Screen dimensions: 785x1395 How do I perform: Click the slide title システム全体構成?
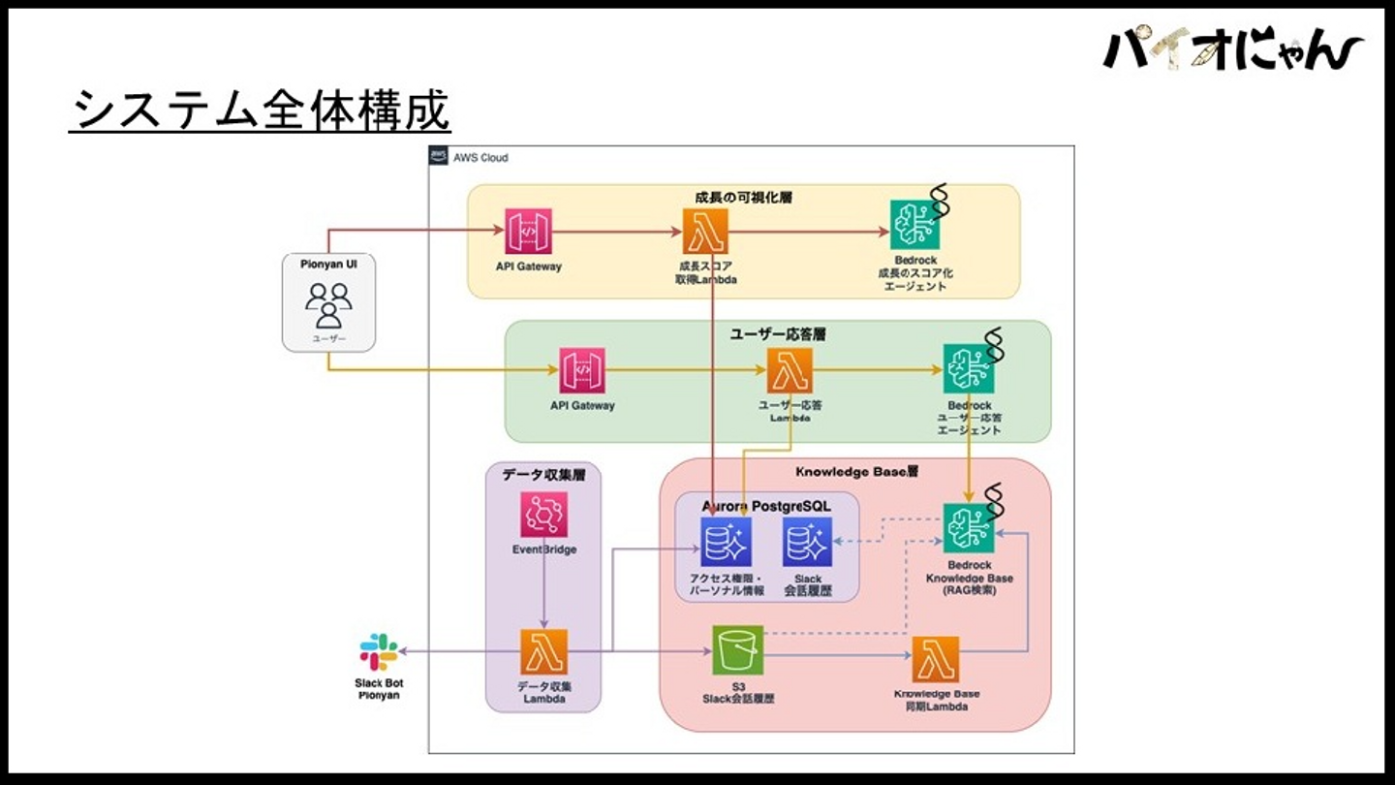click(x=260, y=110)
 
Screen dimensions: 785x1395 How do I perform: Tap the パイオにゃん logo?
click(x=1233, y=48)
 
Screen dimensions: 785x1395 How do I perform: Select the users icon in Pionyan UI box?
click(x=328, y=304)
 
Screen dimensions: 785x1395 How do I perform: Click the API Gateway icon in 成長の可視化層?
click(x=528, y=232)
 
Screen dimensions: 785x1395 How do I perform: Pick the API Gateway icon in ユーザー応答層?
click(x=581, y=370)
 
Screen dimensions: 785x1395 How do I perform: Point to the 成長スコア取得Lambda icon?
click(x=706, y=232)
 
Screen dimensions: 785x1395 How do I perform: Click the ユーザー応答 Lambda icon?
click(x=790, y=370)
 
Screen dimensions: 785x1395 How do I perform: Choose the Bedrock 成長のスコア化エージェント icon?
click(x=914, y=225)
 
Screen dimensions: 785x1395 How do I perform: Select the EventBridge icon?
click(x=543, y=515)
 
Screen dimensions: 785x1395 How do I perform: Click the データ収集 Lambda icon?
click(x=543, y=652)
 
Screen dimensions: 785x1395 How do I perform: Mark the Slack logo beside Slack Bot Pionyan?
click(x=378, y=652)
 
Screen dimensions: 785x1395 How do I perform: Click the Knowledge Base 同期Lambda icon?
click(x=936, y=660)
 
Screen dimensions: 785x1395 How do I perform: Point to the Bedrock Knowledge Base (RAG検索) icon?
click(x=969, y=527)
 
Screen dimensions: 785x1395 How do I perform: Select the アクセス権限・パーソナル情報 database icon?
click(x=726, y=542)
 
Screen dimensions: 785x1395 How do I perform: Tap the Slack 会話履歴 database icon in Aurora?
click(x=807, y=542)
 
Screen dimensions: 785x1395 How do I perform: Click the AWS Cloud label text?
click(x=480, y=157)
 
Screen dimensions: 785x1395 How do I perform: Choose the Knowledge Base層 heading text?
click(x=855, y=473)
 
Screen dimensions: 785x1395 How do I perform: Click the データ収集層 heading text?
click(x=543, y=475)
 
